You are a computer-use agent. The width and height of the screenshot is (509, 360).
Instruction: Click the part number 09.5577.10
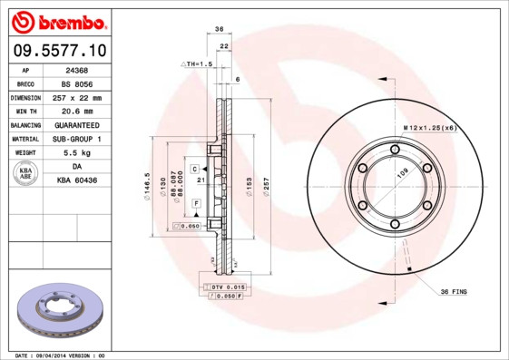57,51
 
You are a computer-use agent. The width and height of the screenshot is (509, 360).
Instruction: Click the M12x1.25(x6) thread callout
429,130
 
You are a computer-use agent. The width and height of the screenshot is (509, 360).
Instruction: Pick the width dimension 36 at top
220,30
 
